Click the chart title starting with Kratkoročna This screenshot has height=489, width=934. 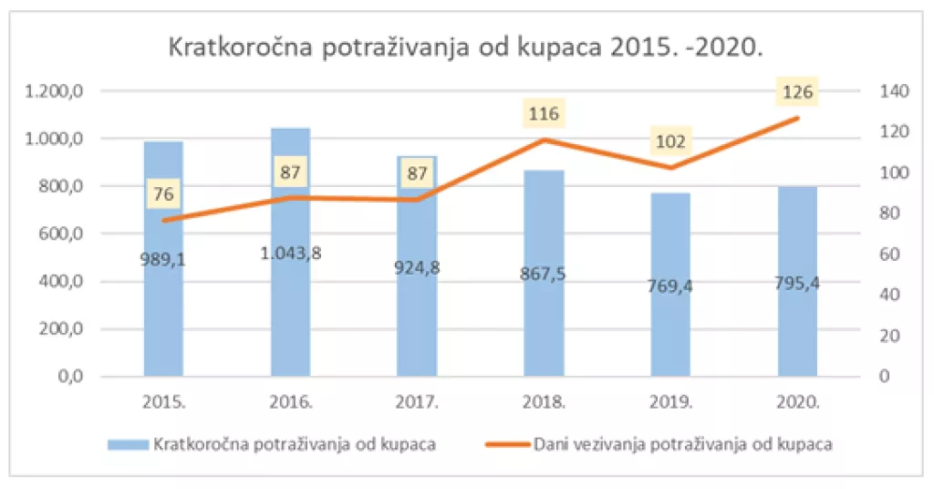pyautogui.click(x=466, y=48)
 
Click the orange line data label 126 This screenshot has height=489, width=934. pyautogui.click(x=797, y=92)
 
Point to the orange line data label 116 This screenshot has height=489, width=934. pyautogui.click(x=544, y=115)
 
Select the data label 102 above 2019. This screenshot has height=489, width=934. pyautogui.click(x=670, y=142)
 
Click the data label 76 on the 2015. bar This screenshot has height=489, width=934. pyautogui.click(x=164, y=193)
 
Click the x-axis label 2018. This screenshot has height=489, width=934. pyautogui.click(x=545, y=401)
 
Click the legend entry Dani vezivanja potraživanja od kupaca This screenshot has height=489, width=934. pyautogui.click(x=682, y=444)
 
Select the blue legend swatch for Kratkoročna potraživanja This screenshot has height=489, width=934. pyautogui.click(x=128, y=444)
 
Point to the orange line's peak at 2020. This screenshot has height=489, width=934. pyautogui.click(x=797, y=119)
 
